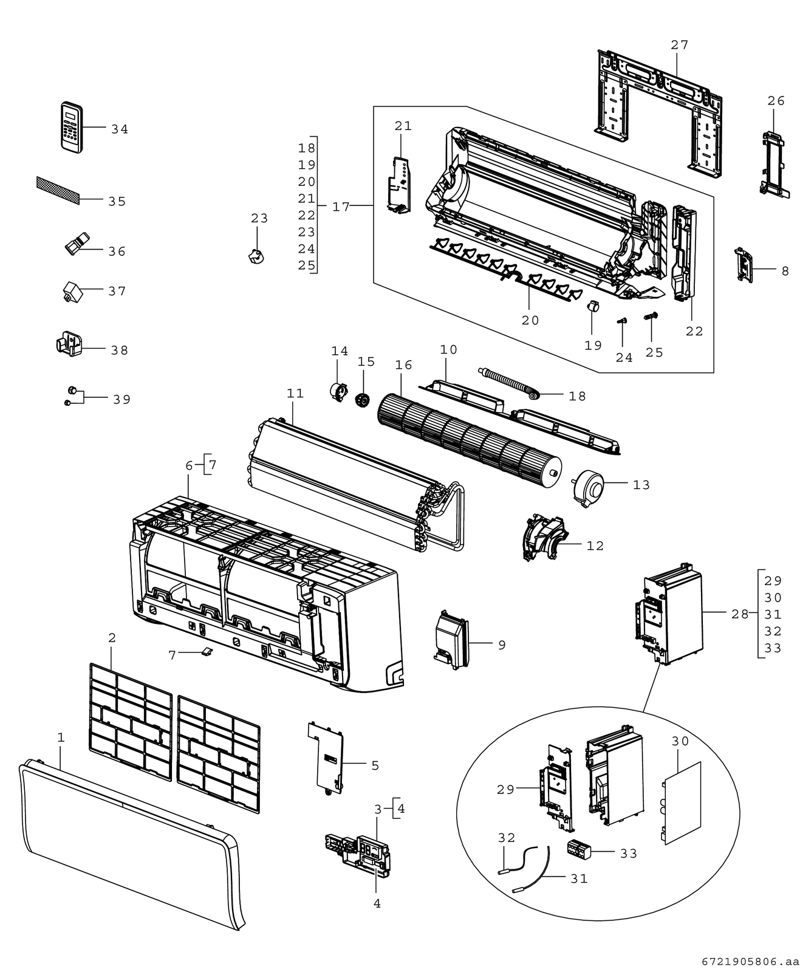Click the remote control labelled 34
pos(72,126)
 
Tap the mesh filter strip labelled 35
pos(58,190)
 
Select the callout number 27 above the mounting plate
pos(680,44)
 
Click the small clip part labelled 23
pos(256,256)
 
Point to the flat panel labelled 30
pos(682,803)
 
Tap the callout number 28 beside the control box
pos(740,614)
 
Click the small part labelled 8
pos(744,264)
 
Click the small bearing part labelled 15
pos(363,400)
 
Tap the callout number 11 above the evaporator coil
pos(295,394)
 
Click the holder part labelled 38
pos(69,343)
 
